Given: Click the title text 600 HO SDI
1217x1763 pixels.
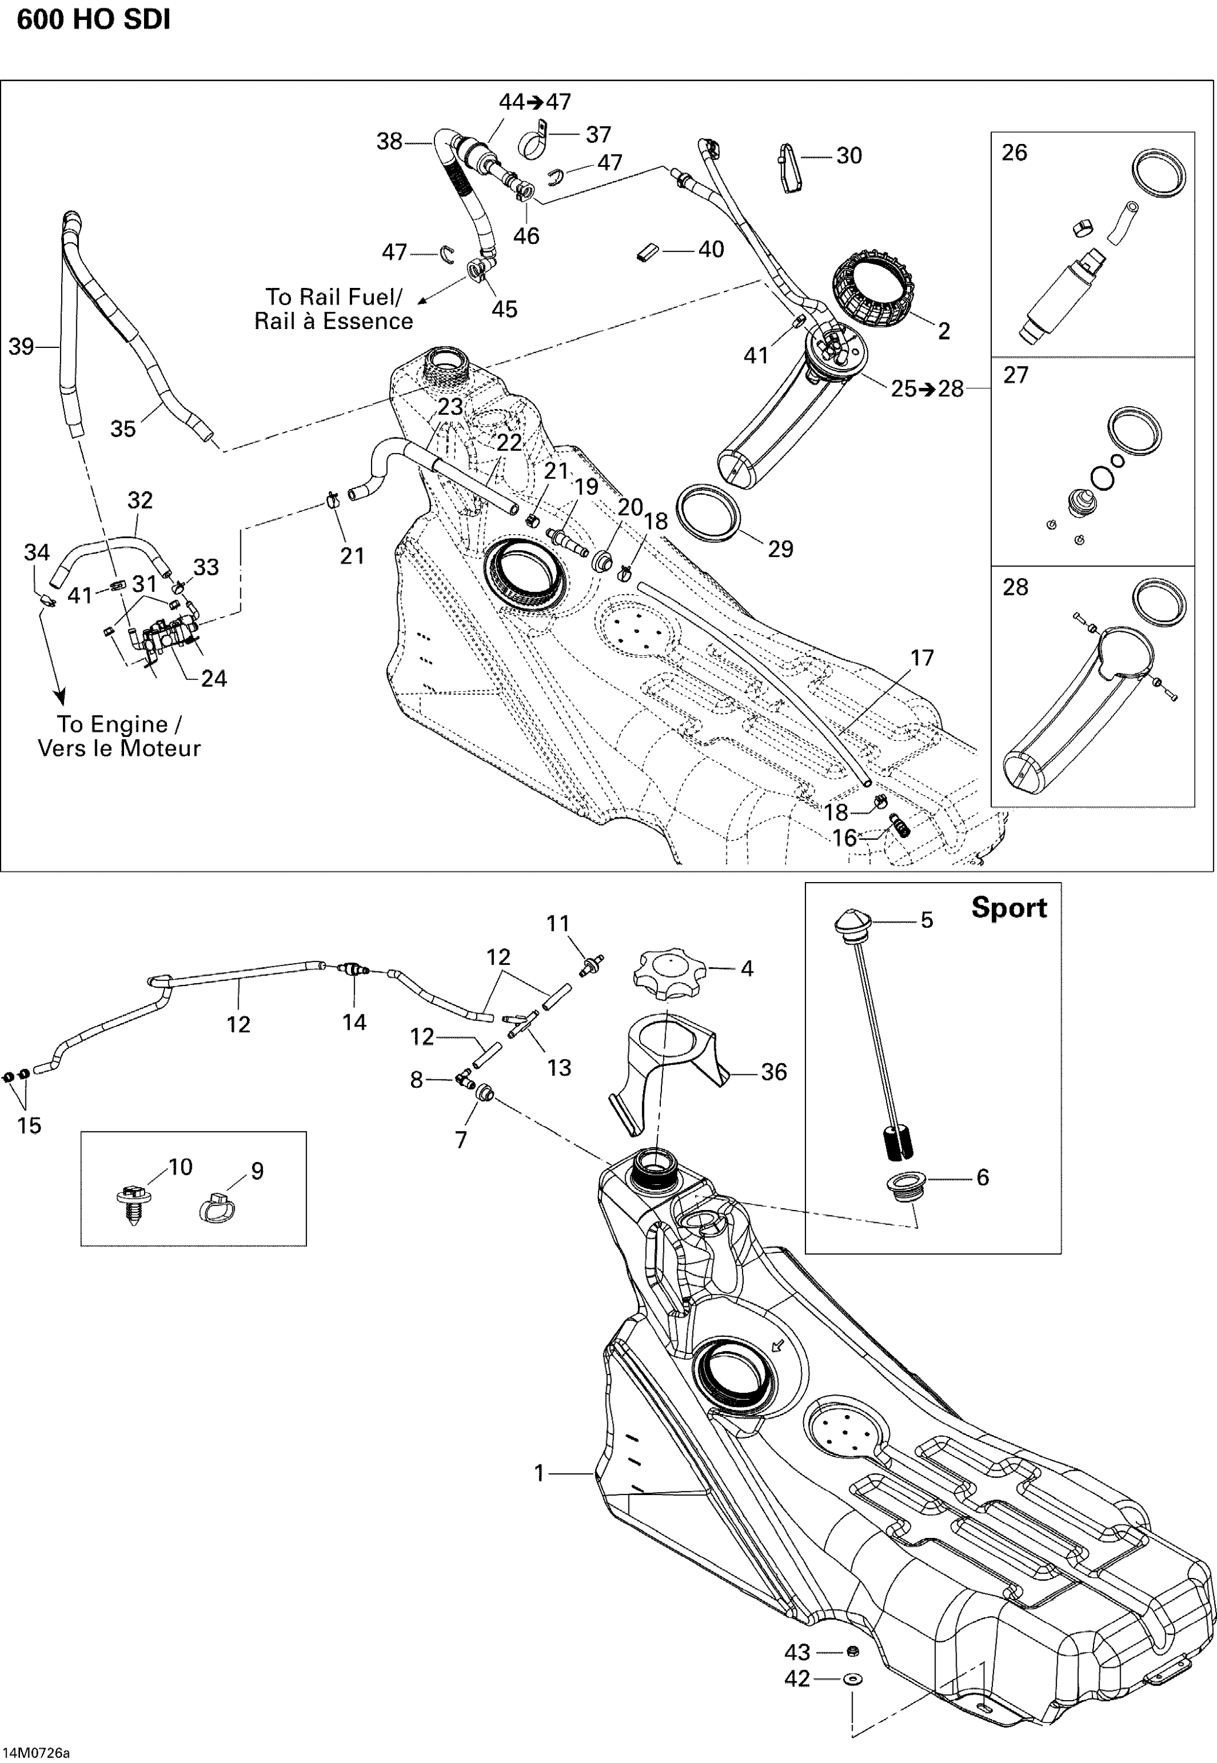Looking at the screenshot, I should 93,20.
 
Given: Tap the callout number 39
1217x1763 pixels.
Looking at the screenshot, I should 21,347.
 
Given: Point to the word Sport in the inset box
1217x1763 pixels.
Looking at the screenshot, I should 1009,908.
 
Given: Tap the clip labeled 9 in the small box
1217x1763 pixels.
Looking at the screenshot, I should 218,1207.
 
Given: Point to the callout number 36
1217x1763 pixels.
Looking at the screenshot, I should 773,1072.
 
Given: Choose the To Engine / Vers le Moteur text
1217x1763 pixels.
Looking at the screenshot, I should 119,736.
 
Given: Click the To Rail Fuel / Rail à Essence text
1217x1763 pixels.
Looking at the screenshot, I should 333,309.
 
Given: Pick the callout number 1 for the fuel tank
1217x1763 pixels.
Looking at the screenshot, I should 539,1473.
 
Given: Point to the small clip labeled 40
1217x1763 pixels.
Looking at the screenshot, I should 648,252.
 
